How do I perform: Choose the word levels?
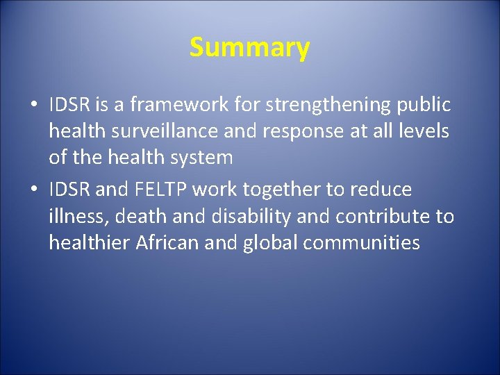coord(424,131)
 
